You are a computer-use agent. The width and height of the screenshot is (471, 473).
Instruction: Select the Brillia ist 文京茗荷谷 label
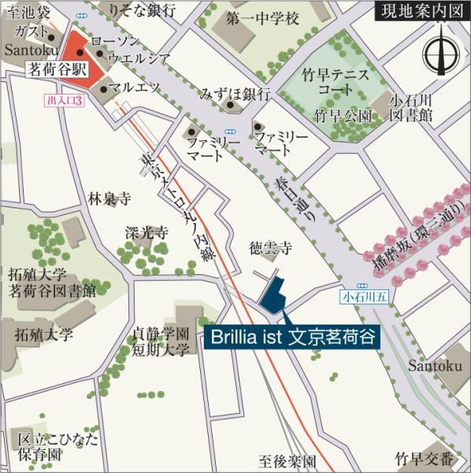[x=291, y=339]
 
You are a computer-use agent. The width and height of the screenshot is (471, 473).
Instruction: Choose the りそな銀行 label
[x=143, y=11]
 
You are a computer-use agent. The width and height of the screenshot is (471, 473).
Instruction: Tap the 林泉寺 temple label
[x=109, y=199]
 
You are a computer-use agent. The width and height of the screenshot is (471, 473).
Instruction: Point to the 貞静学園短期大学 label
[x=161, y=341]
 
